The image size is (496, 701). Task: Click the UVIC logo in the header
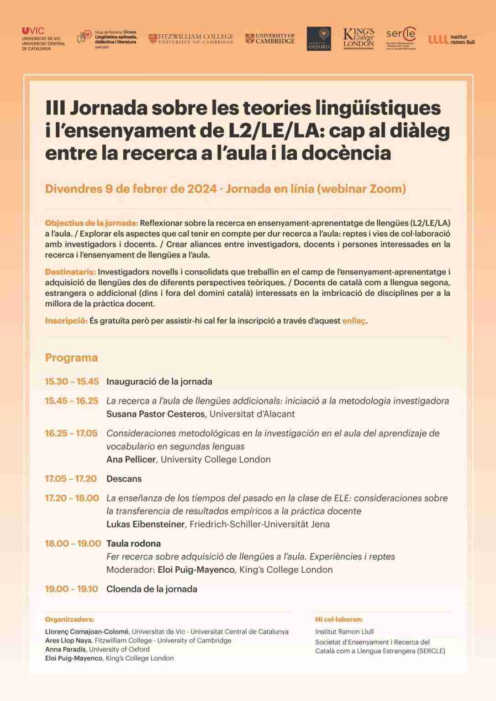[43, 38]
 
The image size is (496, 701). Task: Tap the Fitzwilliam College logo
[191, 39]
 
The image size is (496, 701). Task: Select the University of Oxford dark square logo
[319, 39]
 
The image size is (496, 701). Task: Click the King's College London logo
[359, 39]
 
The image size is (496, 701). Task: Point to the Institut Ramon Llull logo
[451, 39]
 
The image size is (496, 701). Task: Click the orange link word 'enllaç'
[354, 321]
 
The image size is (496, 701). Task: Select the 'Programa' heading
[71, 358]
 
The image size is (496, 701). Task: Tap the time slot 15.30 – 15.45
[72, 382]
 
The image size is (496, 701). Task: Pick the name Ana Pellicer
[131, 460]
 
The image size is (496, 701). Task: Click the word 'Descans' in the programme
[124, 479]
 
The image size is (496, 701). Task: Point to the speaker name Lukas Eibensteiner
[145, 524]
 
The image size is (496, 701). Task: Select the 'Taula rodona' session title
[133, 544]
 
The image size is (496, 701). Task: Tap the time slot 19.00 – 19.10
[72, 589]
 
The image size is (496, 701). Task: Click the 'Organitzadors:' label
[69, 620]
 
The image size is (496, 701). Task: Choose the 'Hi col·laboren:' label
[339, 620]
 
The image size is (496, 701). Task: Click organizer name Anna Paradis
[66, 649]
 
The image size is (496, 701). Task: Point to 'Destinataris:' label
[70, 272]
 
